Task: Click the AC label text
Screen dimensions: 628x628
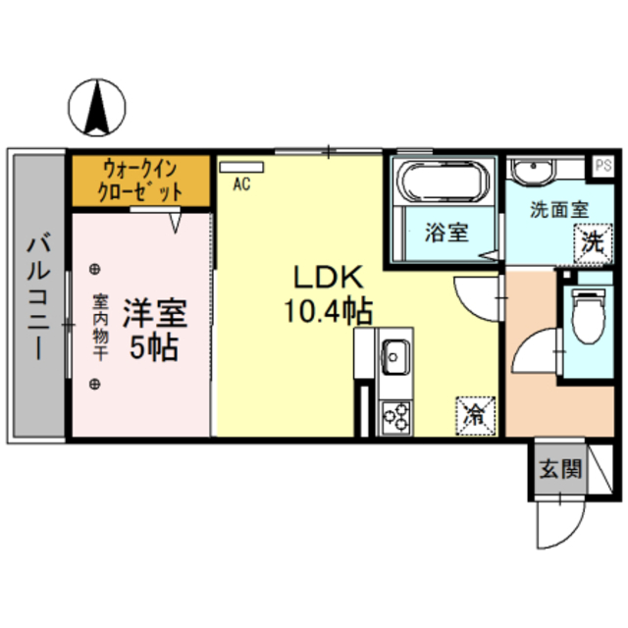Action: (x=241, y=183)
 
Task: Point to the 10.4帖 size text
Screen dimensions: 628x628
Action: (x=328, y=311)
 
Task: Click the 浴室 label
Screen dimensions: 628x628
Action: (x=446, y=234)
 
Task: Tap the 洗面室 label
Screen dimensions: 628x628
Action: (x=557, y=209)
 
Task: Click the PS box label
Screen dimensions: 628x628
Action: (x=602, y=165)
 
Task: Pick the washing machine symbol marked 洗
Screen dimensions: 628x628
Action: (x=591, y=241)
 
